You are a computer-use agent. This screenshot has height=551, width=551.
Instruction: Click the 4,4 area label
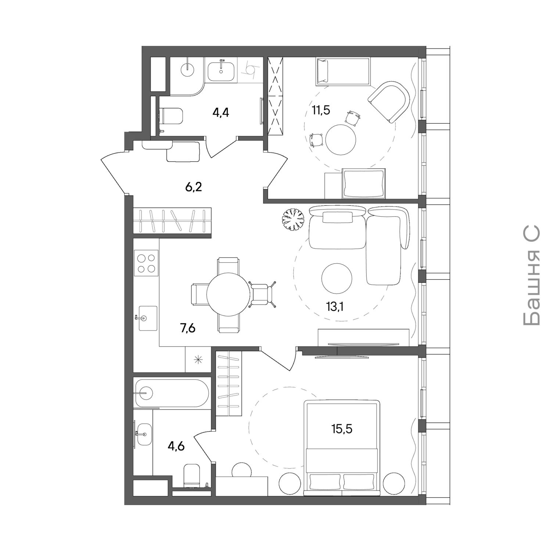pos(221,112)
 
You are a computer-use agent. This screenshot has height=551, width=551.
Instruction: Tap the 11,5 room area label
pos(321,110)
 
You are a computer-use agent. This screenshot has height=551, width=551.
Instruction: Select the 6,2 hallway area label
pos(194,187)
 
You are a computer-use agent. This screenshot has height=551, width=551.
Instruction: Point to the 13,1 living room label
pos(335,306)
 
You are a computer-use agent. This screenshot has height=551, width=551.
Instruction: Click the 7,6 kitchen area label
pos(187,328)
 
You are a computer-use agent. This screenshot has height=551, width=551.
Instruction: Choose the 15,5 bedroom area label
pos(342,428)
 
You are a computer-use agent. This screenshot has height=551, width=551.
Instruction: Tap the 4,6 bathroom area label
pos(176,446)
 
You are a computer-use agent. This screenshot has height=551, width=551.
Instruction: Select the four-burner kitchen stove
pos(146,263)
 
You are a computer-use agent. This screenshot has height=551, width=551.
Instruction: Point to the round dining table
pos(228,294)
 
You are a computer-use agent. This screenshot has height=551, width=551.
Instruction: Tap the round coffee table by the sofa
pos(337,278)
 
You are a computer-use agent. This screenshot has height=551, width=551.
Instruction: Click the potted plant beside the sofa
pos(293,219)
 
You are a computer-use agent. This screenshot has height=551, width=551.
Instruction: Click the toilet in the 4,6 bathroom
pos(191,476)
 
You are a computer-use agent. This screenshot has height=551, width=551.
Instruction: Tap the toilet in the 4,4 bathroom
pos(171,116)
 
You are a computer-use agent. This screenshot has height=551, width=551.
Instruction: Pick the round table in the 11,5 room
pos(341,140)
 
